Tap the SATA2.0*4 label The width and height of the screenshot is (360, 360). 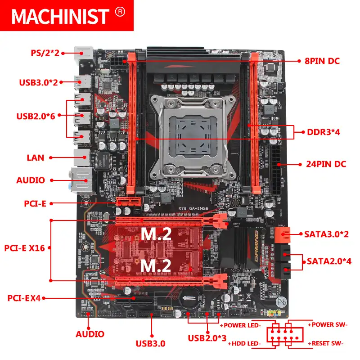pos(329,261)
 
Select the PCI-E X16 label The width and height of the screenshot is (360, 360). pos(25,248)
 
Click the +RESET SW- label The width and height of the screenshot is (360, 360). pos(326,343)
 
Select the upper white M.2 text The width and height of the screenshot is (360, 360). pos(155,234)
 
